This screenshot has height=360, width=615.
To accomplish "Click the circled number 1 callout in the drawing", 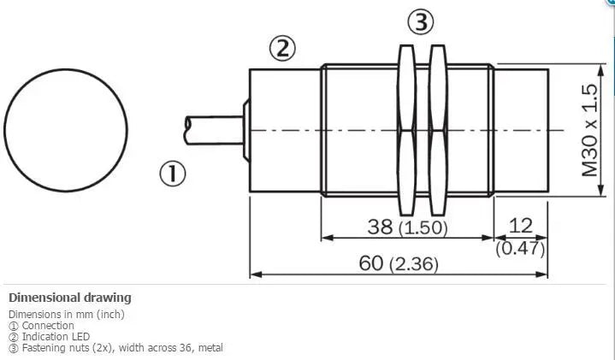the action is [x=173, y=174].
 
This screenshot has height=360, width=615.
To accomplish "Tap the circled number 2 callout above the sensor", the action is [x=282, y=48].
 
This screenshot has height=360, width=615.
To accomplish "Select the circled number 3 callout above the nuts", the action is [x=421, y=21].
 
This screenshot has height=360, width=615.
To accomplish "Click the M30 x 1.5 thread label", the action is [x=589, y=131].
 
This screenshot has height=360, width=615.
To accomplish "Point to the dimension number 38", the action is [x=380, y=227].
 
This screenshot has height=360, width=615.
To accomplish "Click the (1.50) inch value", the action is [x=423, y=227].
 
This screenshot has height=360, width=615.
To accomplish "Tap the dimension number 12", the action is [x=520, y=226].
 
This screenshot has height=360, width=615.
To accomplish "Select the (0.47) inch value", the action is [x=520, y=248].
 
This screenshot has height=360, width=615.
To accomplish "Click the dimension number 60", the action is [x=371, y=263].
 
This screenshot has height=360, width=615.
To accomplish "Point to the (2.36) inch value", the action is [x=414, y=264].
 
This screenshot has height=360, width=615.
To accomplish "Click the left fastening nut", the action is [x=406, y=130].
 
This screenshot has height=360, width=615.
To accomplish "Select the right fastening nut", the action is [x=438, y=130].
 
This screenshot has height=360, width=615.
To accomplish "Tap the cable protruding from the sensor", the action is [x=214, y=130].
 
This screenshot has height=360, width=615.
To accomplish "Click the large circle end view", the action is [x=66, y=130].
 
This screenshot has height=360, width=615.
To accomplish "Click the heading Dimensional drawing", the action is [x=70, y=298].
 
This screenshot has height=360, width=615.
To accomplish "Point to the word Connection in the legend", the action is [x=48, y=326].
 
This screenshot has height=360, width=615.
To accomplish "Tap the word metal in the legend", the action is [x=210, y=347].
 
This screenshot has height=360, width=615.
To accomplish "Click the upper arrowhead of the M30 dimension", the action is [x=600, y=70].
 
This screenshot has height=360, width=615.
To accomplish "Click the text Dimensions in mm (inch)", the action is [x=66, y=315].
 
